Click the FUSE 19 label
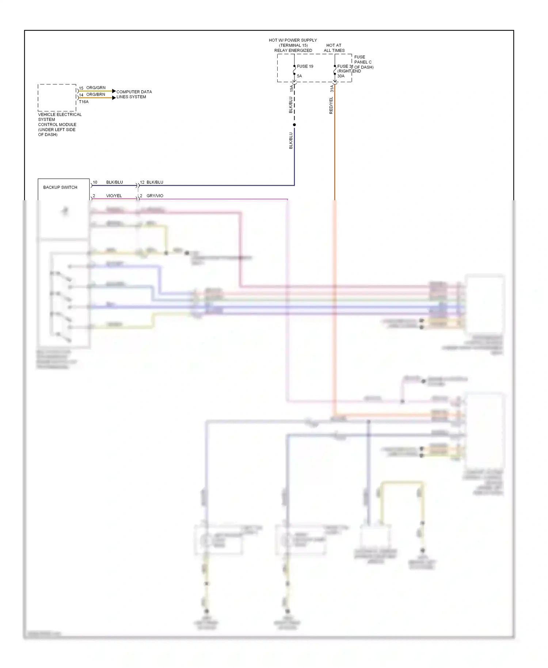pyautogui.click(x=305, y=67)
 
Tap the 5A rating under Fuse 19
pyautogui.click(x=300, y=76)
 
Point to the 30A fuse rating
pyautogui.click(x=341, y=76)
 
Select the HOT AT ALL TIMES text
pyautogui.click(x=334, y=48)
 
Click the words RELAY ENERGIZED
pyautogui.click(x=293, y=50)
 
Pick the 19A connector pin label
pyautogui.click(x=292, y=88)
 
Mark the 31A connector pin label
pyautogui.click(x=332, y=88)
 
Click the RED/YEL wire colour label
pyautogui.click(x=331, y=106)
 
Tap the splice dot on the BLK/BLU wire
pyautogui.click(x=294, y=125)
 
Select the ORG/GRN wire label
pyautogui.click(x=96, y=88)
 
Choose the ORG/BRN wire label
pyautogui.click(x=96, y=94)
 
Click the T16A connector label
pyautogui.click(x=84, y=102)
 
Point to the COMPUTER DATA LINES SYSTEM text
pyautogui.click(x=134, y=94)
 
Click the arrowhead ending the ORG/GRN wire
pyautogui.click(x=114, y=91)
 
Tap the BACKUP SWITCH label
pyautogui.click(x=60, y=187)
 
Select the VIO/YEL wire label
pyautogui.click(x=114, y=196)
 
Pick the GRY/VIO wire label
pyautogui.click(x=155, y=196)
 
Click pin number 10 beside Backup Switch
pyautogui.click(x=95, y=182)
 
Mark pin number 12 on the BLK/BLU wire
pyautogui.click(x=142, y=182)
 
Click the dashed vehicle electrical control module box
pyautogui.click(x=57, y=98)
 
